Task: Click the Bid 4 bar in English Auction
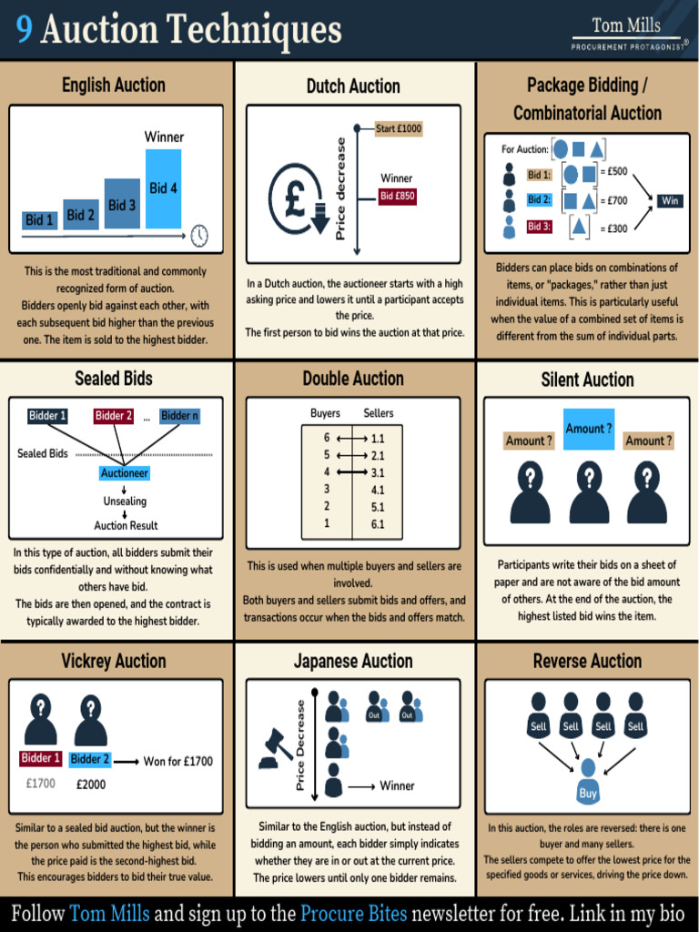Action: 164,188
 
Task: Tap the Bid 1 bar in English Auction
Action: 40,220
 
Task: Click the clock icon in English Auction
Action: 199,236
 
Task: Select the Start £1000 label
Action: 399,128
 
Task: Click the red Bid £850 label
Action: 398,197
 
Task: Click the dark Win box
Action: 670,201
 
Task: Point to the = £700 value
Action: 613,200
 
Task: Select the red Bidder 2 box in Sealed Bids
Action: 114,415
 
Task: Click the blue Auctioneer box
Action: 124,473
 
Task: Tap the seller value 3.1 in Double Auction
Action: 378,473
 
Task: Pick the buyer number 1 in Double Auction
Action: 327,523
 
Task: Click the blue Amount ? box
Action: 589,429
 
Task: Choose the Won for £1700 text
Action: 177,762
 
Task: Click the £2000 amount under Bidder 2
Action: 91,785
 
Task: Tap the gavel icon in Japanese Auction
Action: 276,748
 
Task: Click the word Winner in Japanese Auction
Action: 397,785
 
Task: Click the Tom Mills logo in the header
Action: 628,34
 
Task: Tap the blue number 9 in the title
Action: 25,28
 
